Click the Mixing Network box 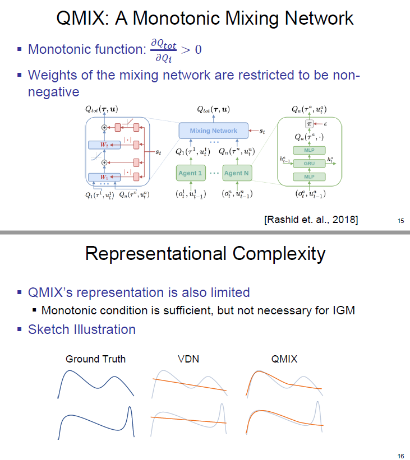pyautogui.click(x=213, y=131)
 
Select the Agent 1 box pyautogui.click(x=190, y=173)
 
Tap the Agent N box pyautogui.click(x=236, y=173)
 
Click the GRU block pyautogui.click(x=309, y=164)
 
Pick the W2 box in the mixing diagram pyautogui.click(x=104, y=145)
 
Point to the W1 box pyautogui.click(x=104, y=177)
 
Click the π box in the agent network pyautogui.click(x=309, y=123)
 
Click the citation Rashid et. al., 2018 pyautogui.click(x=310, y=219)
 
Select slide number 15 pyautogui.click(x=400, y=221)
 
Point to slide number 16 pyautogui.click(x=400, y=456)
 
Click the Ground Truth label pyautogui.click(x=95, y=359)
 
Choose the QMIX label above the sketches pyautogui.click(x=284, y=359)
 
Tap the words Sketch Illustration pyautogui.click(x=82, y=329)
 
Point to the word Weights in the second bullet pyautogui.click(x=52, y=75)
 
